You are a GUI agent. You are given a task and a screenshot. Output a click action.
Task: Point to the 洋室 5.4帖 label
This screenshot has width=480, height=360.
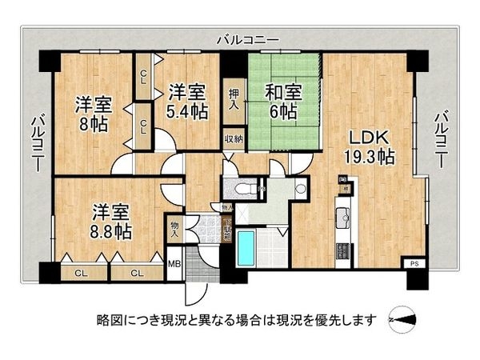click(x=187, y=102)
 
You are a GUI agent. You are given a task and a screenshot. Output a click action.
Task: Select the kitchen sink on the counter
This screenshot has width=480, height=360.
click(x=344, y=214)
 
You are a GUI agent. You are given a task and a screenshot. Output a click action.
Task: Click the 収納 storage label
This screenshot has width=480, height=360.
click(x=233, y=138)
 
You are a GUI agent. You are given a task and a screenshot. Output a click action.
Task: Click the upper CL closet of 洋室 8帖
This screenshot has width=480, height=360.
click(x=142, y=77)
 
